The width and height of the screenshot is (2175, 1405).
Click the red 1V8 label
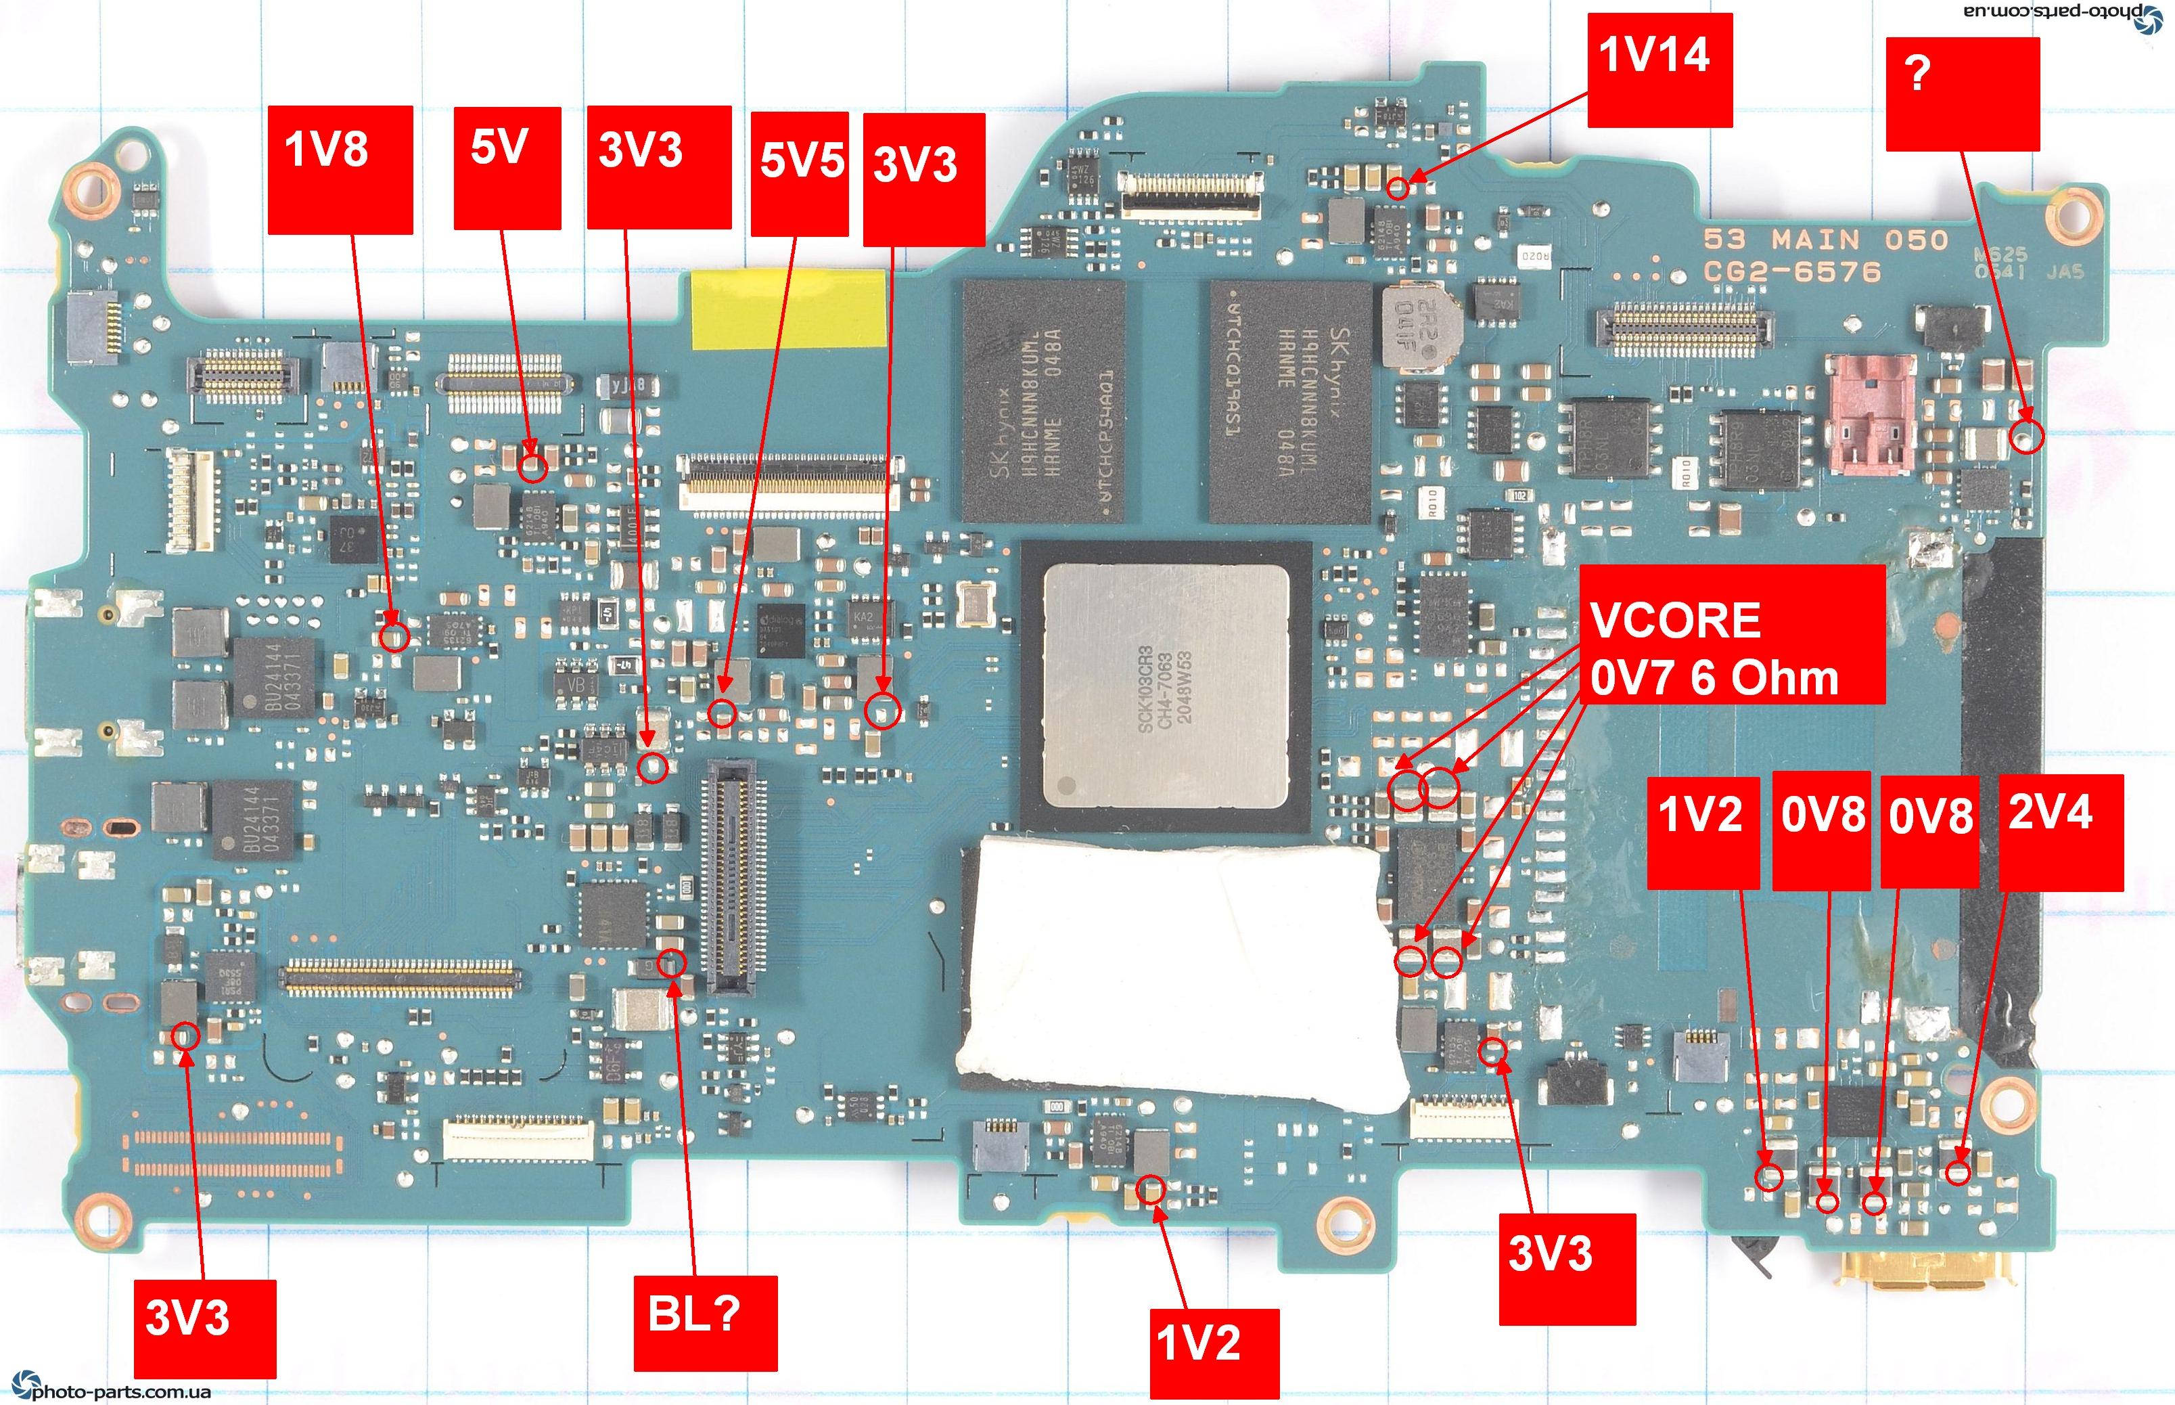point(340,170)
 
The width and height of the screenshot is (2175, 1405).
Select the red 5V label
point(507,168)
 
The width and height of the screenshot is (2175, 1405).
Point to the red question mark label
point(1962,93)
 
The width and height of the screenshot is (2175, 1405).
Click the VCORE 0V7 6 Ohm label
point(1731,634)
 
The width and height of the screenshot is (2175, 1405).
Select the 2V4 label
point(2061,832)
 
